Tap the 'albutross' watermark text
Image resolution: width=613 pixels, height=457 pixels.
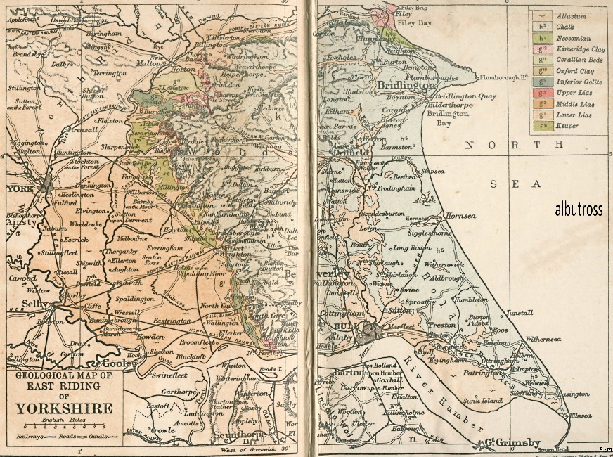point(579,210)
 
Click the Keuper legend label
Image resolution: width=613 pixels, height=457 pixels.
point(566,126)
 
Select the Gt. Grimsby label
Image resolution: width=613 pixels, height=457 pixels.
point(505,444)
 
